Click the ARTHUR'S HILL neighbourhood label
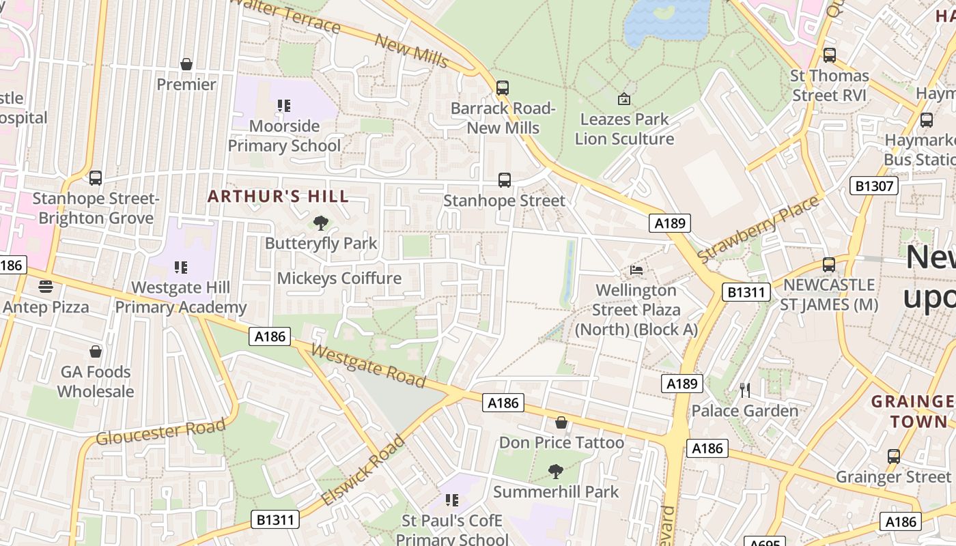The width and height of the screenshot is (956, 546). pos(278,197)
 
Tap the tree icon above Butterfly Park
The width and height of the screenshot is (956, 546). pos(320,223)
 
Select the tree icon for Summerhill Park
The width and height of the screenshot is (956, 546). pos(556,471)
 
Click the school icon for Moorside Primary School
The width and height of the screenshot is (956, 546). pos(284,106)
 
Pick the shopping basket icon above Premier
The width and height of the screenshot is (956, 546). pos(186,64)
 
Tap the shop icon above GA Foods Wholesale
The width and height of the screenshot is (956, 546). pos(96,351)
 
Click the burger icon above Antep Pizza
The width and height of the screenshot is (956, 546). pos(46,286)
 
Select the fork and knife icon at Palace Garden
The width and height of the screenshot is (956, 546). pos(745,390)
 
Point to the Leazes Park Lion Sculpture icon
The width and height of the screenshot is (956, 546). pos(623,100)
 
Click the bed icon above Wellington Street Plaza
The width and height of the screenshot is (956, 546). pos(636,270)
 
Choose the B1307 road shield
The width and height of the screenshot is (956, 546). pos(873,186)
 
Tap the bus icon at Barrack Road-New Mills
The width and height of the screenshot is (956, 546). pos(503,88)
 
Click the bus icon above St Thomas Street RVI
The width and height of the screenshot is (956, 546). pos(830,55)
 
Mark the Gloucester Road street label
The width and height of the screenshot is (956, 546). pos(160,432)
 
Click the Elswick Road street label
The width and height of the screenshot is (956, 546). pos(363,471)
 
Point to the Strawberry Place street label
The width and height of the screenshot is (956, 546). pos(758,229)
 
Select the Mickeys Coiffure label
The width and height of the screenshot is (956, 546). pos(339,278)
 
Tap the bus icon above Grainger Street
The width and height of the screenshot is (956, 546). pos(893,456)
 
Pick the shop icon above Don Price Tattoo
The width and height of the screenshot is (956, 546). pos(561,422)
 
